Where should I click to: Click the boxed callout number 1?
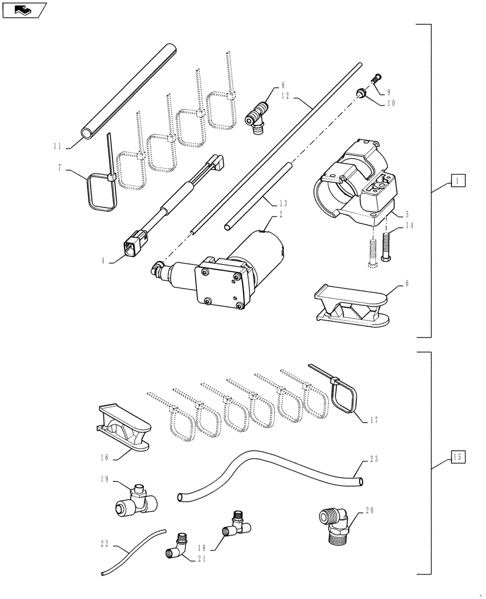457,180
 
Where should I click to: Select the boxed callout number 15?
457,458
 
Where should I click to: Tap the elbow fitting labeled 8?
258,115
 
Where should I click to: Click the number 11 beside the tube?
57,146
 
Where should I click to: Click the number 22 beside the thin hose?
106,544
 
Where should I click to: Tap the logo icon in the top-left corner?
23,9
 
